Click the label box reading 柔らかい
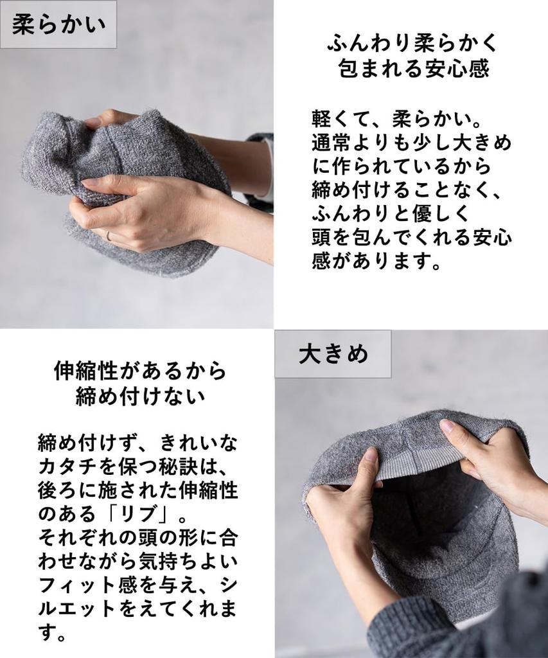coord(58,24)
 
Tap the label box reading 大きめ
coord(333,354)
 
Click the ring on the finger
coord(108,236)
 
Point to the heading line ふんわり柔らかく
coord(412,42)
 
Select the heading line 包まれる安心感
coord(414,68)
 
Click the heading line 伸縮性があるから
coord(141,371)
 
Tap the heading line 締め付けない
coord(141,396)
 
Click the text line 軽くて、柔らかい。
coord(396,119)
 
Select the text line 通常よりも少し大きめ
coord(411,143)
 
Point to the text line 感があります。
coord(376,262)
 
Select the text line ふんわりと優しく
coord(389,214)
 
